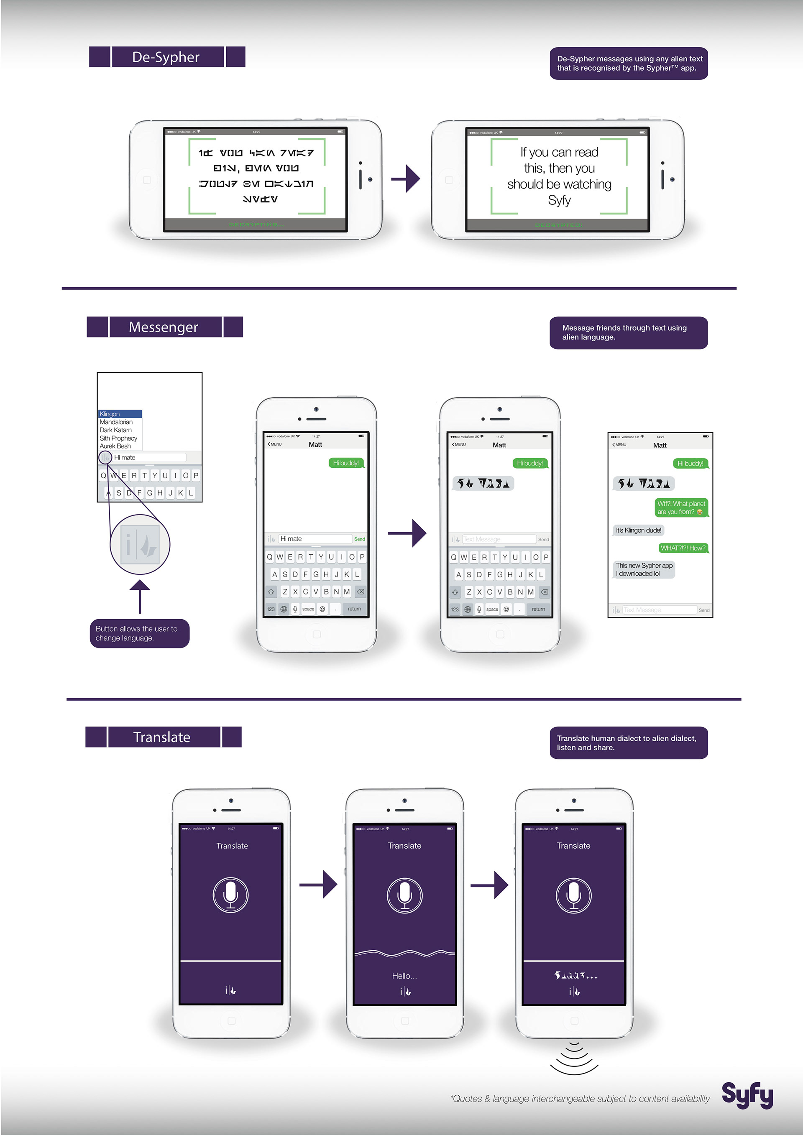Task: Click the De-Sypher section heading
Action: coord(166,57)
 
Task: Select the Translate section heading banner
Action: coord(163,737)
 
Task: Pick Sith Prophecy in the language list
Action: coord(119,438)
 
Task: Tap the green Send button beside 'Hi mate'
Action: coord(360,539)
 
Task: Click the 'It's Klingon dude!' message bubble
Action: coord(638,530)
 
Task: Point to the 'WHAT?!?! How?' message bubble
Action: coord(683,548)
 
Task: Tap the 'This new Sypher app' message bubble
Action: coord(644,569)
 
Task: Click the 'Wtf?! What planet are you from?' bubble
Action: coord(681,508)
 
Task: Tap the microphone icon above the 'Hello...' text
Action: coord(404,895)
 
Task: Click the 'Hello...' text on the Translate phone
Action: coord(404,976)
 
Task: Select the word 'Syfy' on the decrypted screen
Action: coord(559,200)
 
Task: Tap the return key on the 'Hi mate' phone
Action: coord(354,609)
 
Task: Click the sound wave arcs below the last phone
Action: coord(574,1058)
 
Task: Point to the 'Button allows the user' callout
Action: coord(139,633)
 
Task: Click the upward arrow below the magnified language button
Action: coord(140,596)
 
